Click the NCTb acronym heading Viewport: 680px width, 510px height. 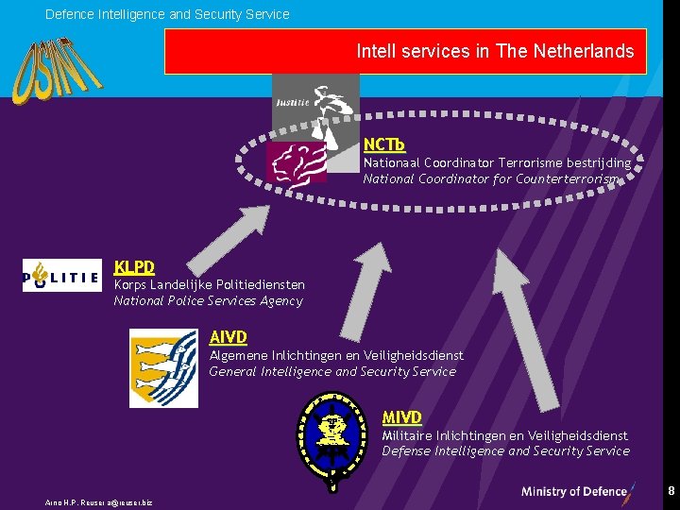pyautogui.click(x=383, y=144)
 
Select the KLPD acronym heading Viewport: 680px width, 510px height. pyautogui.click(x=134, y=267)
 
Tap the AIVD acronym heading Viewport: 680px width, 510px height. pyautogui.click(x=229, y=337)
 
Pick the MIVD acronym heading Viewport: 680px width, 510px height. pyautogui.click(x=401, y=416)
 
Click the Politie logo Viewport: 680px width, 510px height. pyautogui.click(x=61, y=276)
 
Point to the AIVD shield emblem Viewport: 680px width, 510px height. pyautogui.click(x=163, y=367)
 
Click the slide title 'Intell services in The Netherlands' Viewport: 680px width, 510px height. pyautogui.click(x=495, y=51)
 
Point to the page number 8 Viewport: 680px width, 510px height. pyautogui.click(x=671, y=491)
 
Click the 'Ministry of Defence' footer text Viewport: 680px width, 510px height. pyautogui.click(x=575, y=491)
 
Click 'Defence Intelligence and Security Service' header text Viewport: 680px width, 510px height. pyautogui.click(x=167, y=14)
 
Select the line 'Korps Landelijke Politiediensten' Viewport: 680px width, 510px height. pyautogui.click(x=209, y=284)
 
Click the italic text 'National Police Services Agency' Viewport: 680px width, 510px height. pyautogui.click(x=208, y=301)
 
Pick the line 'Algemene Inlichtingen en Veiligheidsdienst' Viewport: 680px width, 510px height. pyautogui.click(x=336, y=355)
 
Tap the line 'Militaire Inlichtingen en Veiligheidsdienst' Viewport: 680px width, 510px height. pyautogui.click(x=504, y=435)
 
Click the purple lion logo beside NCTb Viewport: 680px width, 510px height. pyautogui.click(x=296, y=162)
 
